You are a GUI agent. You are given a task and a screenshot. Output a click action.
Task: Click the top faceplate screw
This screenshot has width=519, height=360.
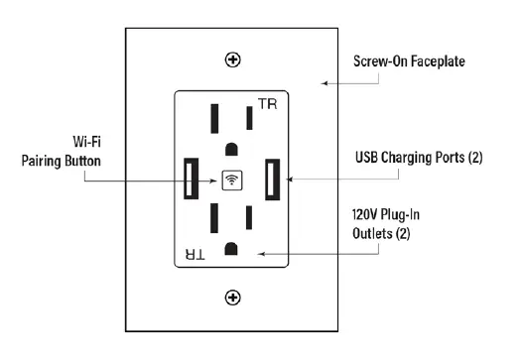pyautogui.click(x=233, y=60)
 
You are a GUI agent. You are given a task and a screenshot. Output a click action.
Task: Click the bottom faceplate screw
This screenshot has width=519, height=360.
pyautogui.click(x=233, y=297)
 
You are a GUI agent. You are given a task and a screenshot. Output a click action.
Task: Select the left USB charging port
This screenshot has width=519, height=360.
pyautogui.click(x=190, y=179)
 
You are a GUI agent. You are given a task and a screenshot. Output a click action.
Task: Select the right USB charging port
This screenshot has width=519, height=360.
pyautogui.click(x=272, y=180)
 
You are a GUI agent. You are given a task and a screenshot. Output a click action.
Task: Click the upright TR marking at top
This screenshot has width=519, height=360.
pyautogui.click(x=267, y=104)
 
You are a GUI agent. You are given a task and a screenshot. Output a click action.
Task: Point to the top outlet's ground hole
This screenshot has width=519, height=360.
pyautogui.click(x=231, y=149)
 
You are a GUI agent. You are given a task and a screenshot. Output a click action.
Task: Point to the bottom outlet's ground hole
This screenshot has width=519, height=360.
pyautogui.click(x=231, y=246)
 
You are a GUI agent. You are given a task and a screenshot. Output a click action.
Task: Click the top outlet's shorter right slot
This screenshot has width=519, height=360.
pyautogui.click(x=249, y=117)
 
